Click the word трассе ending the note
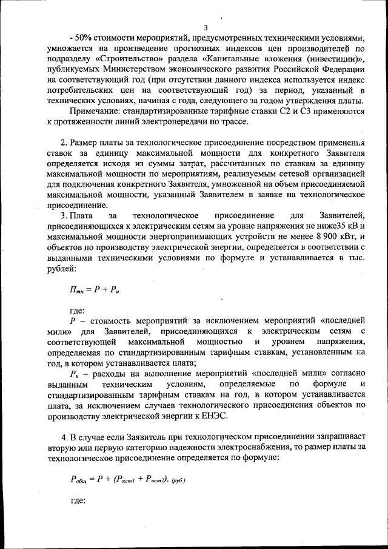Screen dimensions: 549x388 click(233, 122)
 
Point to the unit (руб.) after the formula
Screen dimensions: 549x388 click(178, 480)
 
